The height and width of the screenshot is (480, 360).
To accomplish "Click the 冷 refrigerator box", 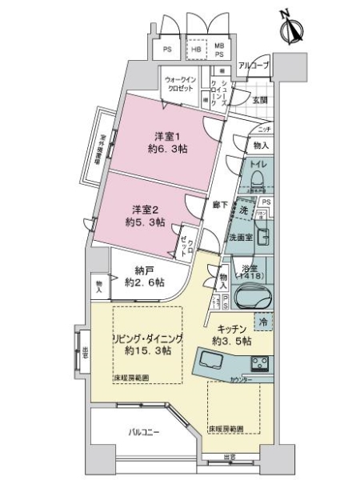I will tap(262, 322).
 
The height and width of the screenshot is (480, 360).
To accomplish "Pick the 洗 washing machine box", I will tap(243, 209).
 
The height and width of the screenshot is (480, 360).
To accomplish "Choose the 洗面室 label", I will tap(240, 237).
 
